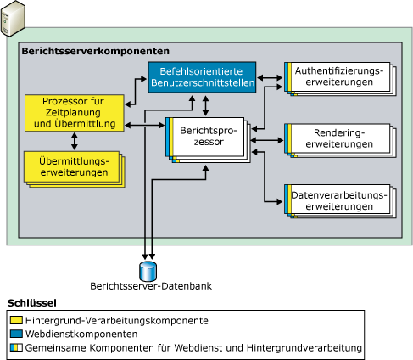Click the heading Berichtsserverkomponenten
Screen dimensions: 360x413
click(95, 52)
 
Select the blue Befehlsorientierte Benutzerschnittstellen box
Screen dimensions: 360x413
click(202, 77)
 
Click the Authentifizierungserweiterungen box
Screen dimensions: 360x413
click(338, 76)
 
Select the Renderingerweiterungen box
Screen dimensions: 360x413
click(338, 138)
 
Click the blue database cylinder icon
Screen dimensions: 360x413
click(148, 270)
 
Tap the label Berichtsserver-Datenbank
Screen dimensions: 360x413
click(149, 287)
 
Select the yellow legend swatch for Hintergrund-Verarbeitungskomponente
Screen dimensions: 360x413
click(17, 321)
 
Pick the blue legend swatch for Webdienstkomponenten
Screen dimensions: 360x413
click(17, 335)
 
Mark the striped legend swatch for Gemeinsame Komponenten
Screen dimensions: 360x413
click(17, 348)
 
